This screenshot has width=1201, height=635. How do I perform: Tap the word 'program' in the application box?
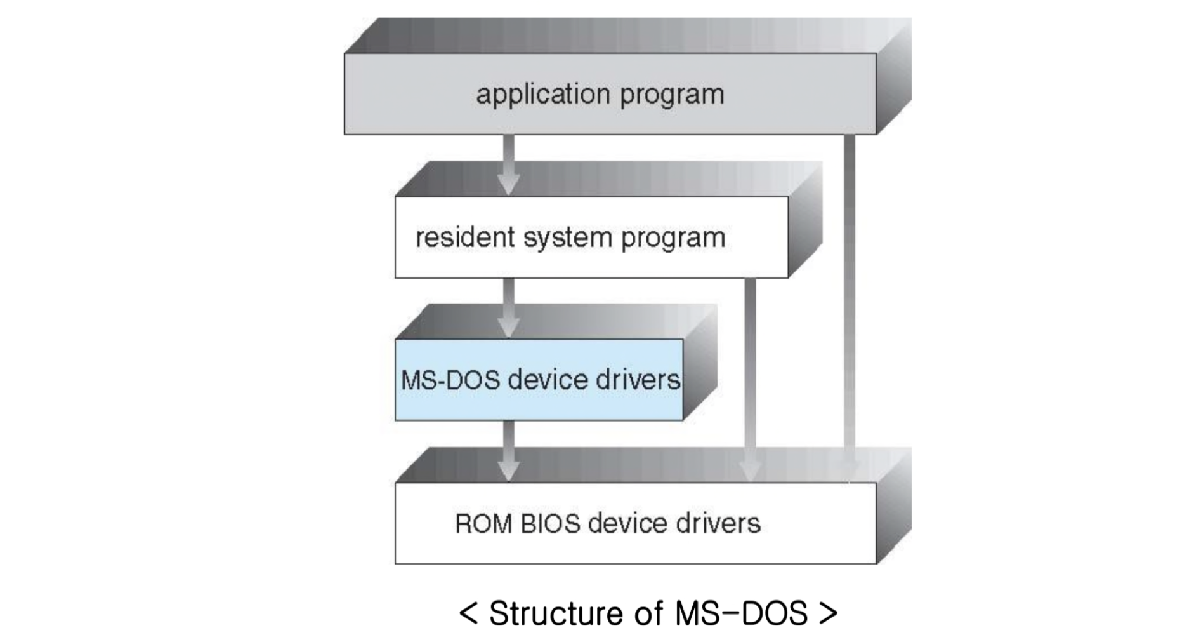pyautogui.click(x=672, y=95)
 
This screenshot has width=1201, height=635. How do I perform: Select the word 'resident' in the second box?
pyautogui.click(x=465, y=237)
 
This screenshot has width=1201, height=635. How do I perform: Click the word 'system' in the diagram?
pyautogui.click(x=568, y=239)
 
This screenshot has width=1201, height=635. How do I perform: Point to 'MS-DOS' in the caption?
pyautogui.click(x=740, y=613)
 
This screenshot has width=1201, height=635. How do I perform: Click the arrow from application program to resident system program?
pyautogui.click(x=508, y=165)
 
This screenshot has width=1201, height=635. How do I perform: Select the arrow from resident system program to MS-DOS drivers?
pyautogui.click(x=508, y=308)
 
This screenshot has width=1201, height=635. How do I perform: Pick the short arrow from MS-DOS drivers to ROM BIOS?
pyautogui.click(x=508, y=451)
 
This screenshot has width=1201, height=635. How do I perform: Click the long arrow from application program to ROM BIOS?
pyautogui.click(x=850, y=305)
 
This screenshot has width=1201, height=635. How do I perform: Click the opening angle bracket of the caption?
pyautogui.click(x=468, y=613)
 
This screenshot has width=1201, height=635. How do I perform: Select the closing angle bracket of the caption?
pyautogui.click(x=829, y=613)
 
